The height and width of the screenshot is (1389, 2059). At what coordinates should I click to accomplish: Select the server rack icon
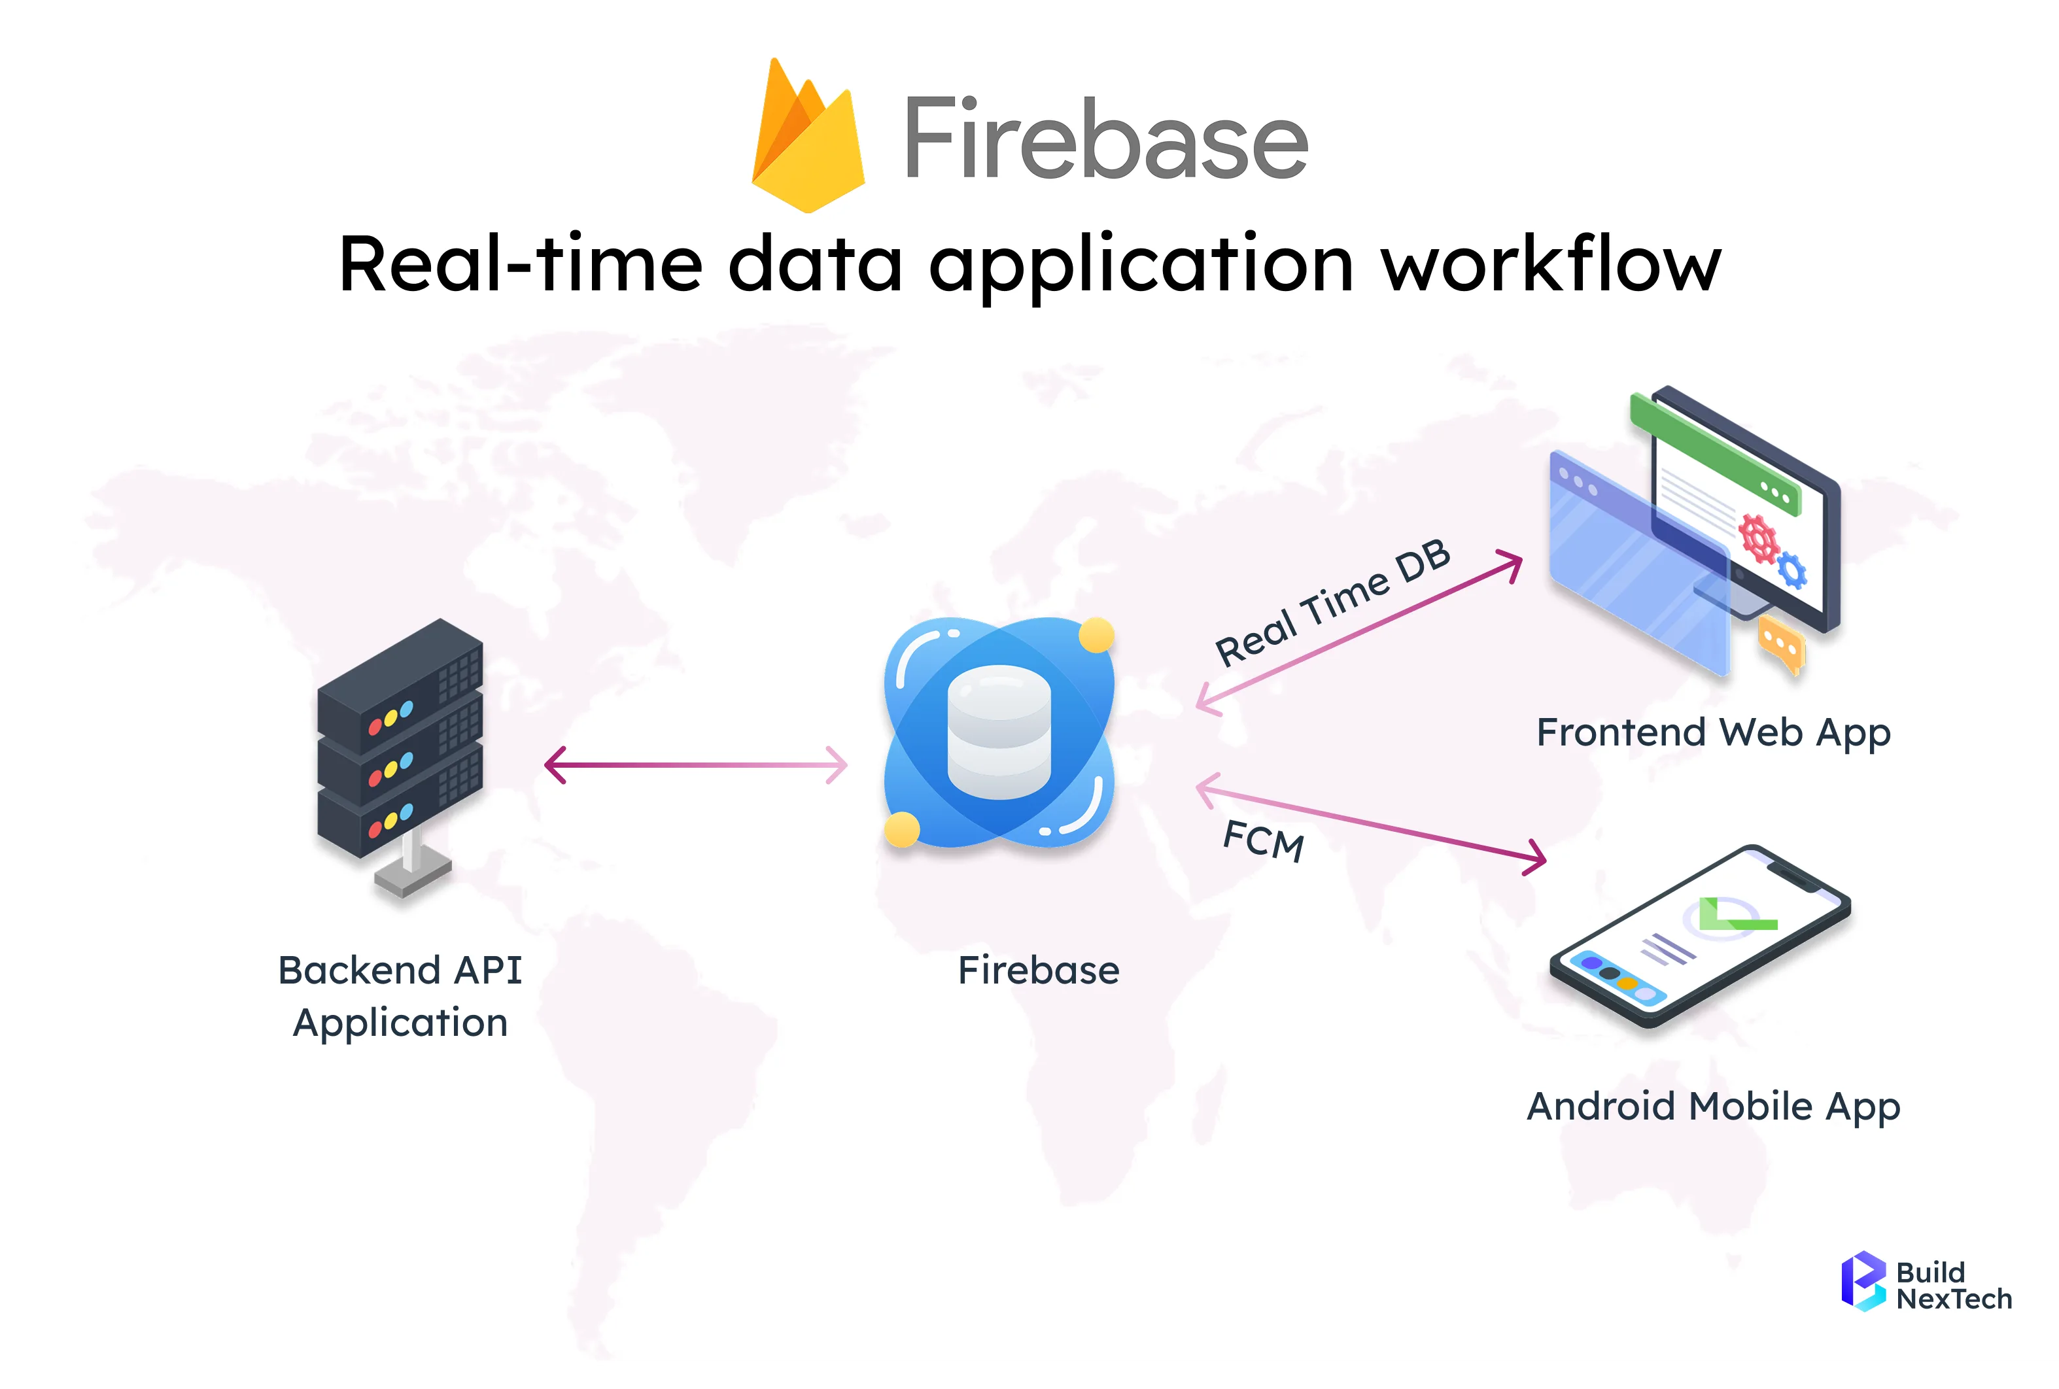point(400,753)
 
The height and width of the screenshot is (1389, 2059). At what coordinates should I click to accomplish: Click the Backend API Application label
point(400,996)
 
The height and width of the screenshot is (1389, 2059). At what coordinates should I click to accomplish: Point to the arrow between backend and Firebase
point(695,765)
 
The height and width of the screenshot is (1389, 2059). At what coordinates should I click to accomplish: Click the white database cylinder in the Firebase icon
point(999,732)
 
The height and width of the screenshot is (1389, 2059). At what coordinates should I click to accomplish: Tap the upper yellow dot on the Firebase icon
point(1096,635)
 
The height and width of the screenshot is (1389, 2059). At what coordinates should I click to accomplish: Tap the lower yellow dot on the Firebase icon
point(902,830)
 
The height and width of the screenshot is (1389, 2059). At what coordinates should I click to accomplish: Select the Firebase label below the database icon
point(1039,970)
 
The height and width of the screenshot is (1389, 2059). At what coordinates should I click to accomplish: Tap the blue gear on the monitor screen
point(1791,570)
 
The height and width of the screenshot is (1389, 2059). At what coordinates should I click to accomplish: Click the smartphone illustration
point(1699,936)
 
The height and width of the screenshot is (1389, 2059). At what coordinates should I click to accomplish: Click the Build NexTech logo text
point(1954,1286)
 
